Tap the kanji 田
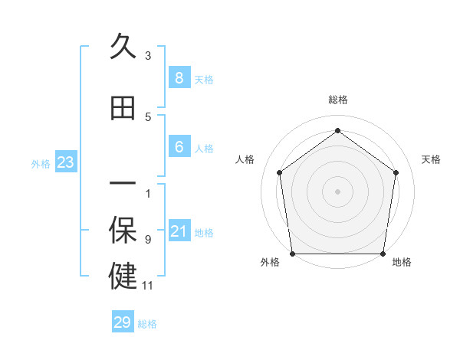tap(123, 109)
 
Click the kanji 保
tap(123, 232)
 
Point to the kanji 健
tap(123, 276)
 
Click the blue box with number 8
tap(179, 77)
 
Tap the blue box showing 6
tap(179, 147)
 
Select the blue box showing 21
tap(179, 231)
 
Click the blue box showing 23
tap(65, 162)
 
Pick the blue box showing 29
tap(123, 322)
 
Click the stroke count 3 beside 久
tap(148, 55)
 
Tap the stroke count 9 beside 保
tap(148, 239)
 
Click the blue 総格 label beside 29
tap(147, 324)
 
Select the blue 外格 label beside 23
tap(41, 163)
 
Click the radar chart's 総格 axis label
tap(337, 100)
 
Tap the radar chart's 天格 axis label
tap(432, 159)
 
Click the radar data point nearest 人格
tap(279, 172)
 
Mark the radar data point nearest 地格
tap(383, 253)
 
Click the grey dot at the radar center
tap(337, 191)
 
